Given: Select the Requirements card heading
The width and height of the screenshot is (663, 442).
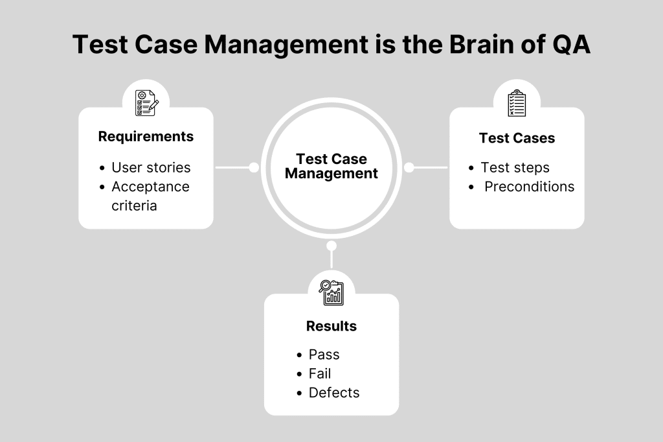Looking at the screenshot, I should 146,137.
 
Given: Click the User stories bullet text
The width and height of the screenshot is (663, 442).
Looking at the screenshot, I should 151,167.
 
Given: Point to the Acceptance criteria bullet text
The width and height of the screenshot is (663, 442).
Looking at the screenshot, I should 150,196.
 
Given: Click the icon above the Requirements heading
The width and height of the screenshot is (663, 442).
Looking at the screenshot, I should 146,103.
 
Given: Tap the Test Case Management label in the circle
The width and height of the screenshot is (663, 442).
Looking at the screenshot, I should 331,167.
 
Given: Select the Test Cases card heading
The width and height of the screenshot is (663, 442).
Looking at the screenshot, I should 517,138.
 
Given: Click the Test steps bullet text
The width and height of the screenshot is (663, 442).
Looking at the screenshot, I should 515,167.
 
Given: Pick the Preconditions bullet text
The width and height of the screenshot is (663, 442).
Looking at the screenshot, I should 529,187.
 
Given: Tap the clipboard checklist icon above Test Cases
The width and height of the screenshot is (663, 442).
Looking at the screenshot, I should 517,103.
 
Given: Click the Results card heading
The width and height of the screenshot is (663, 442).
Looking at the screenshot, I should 331,326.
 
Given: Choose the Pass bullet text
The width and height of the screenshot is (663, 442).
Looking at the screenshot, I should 324,355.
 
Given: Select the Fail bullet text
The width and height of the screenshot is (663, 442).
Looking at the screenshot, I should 320,373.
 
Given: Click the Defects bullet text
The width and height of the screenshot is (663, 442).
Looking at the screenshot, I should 334,393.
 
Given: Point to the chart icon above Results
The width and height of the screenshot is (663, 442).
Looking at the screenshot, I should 331,292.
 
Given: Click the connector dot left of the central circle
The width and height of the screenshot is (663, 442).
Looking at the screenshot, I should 254,168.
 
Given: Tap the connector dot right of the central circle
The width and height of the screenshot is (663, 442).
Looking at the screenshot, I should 409,168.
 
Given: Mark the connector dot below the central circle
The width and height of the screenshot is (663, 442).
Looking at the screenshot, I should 331,246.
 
